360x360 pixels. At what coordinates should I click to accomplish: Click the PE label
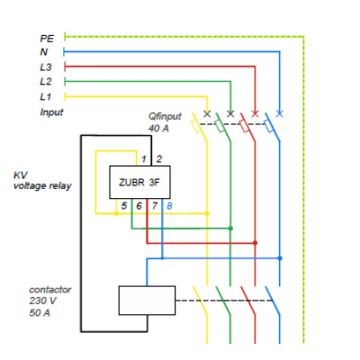pos(47,39)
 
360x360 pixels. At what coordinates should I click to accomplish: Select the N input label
pos(44,52)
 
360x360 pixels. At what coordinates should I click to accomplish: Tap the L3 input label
pos(46,67)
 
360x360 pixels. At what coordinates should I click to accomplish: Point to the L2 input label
pos(46,82)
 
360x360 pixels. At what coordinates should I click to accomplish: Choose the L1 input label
pos(45,96)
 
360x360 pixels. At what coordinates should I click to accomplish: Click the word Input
pos(51,112)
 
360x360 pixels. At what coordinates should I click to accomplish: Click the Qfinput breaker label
pos(165,116)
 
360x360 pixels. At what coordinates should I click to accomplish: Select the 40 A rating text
pos(158,129)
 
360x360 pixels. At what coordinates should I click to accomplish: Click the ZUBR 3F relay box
pos(139,182)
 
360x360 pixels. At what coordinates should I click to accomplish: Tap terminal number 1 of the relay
pos(144,159)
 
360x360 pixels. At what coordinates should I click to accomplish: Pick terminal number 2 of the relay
pos(159,159)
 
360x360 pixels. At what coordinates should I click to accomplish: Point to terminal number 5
pos(124,206)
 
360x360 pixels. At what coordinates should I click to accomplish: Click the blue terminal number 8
pos(169,206)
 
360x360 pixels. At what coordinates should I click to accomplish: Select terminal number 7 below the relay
pos(155,206)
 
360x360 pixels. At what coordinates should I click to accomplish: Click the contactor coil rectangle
pos(147,301)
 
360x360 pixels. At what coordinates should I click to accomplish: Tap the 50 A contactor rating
pos(40,313)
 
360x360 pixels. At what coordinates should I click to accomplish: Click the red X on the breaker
pos(255,113)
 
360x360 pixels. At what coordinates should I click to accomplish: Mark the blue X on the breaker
pos(279,113)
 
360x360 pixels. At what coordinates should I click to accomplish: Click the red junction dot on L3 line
pos(255,243)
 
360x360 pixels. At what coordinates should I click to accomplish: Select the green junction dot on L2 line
pos(230,229)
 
